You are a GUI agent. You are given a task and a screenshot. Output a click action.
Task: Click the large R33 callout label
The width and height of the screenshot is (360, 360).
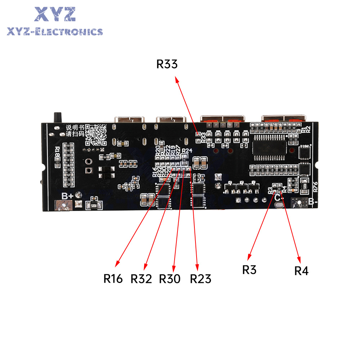(x=167, y=64)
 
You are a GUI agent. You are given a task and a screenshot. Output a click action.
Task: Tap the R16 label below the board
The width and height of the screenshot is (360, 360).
(x=113, y=278)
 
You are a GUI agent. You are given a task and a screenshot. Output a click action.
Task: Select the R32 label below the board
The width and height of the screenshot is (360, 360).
(x=141, y=279)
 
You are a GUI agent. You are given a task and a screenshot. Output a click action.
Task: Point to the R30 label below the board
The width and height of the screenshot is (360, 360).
(x=170, y=279)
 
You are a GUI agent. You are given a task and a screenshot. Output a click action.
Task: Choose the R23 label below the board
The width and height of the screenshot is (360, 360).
(x=201, y=279)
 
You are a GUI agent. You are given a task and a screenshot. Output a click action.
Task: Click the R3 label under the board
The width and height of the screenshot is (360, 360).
(x=249, y=269)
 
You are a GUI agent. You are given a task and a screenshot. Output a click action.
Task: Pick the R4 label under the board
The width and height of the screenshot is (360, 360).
(x=301, y=271)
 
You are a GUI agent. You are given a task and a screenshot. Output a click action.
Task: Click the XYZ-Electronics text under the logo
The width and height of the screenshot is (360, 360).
(x=55, y=32)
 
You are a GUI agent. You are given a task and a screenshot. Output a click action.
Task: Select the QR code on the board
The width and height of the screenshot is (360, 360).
(x=97, y=134)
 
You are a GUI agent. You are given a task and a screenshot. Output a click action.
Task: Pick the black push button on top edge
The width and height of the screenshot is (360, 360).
(x=57, y=117)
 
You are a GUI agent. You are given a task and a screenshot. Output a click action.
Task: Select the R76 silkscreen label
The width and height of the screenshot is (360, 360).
(x=315, y=186)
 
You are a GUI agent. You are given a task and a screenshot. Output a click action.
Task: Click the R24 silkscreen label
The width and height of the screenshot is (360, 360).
(x=187, y=150)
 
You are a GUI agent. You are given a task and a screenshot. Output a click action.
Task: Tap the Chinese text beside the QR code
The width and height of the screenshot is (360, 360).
(x=75, y=131)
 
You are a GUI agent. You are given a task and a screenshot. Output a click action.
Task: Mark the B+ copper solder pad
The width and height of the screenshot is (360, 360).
(x=63, y=206)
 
